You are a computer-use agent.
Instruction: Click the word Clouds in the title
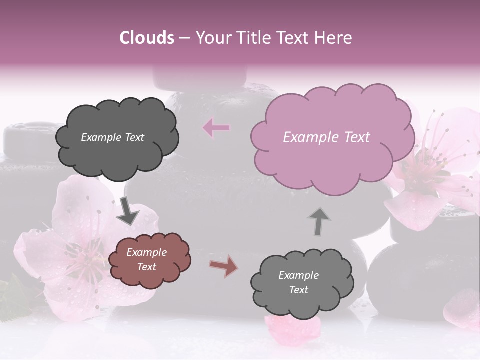147,38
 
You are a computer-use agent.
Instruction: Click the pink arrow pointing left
216,128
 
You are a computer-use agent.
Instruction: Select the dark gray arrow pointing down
128,211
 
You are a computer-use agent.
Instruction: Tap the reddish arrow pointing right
223,266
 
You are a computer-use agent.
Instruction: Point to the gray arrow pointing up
319,221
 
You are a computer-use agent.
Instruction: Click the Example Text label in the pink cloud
326,137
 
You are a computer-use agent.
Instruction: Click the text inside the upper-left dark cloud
112,137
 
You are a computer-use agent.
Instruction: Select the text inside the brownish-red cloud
146,259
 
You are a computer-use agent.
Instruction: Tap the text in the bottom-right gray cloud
298,282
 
